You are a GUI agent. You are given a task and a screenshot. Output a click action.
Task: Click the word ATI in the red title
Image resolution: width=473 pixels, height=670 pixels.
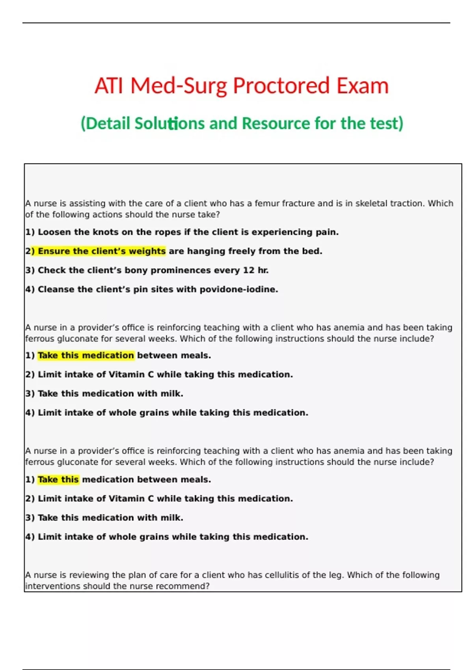[110, 86]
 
